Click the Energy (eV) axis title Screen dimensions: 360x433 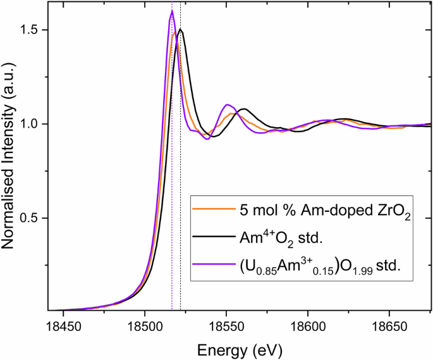[240, 349]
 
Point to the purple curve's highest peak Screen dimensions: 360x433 [172, 11]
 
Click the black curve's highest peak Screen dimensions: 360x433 [180, 29]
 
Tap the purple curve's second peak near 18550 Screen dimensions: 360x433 [227, 105]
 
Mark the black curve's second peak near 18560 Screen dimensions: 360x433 [243, 109]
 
